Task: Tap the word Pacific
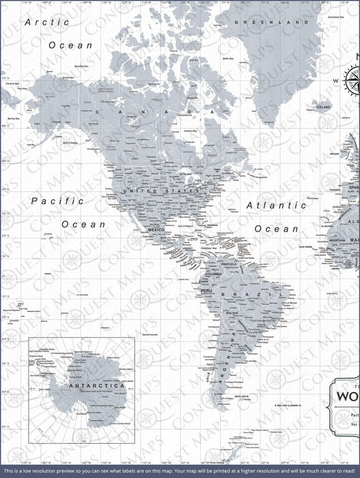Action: click(x=58, y=201)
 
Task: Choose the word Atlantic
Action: click(x=276, y=204)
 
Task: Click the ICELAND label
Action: click(x=323, y=107)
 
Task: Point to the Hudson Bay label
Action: click(x=190, y=130)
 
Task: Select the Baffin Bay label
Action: click(x=230, y=59)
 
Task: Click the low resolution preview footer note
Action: click(x=180, y=472)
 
